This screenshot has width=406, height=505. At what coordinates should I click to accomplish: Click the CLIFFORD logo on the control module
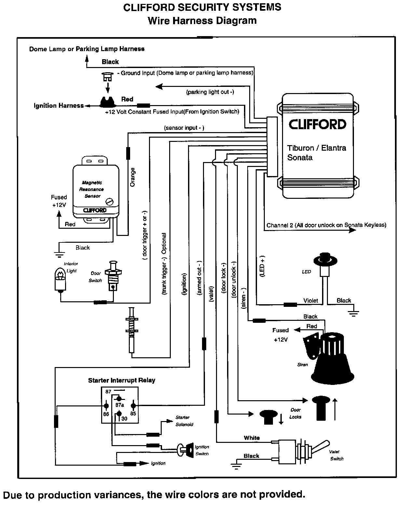coord(318,124)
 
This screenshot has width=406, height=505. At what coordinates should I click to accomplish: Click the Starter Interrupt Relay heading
coord(121,380)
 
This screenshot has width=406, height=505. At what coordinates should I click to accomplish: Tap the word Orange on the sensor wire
coord(133,177)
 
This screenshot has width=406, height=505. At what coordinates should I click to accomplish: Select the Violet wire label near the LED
coord(310,300)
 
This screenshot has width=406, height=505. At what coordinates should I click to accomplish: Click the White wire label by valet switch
coord(252,438)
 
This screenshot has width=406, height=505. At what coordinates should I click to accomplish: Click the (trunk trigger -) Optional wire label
coord(164,264)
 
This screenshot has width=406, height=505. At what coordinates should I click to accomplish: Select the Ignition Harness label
coord(59,105)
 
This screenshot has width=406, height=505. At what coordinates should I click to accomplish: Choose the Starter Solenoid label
coord(184,421)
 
